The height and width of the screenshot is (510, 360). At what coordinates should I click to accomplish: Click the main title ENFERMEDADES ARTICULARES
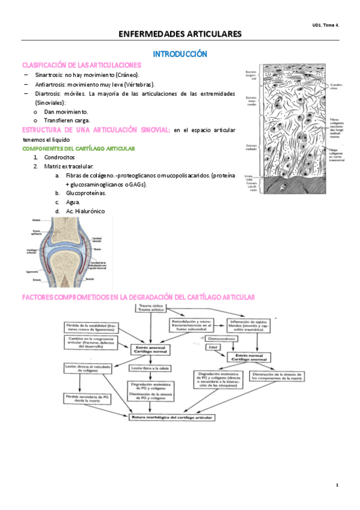pyautogui.click(x=180, y=34)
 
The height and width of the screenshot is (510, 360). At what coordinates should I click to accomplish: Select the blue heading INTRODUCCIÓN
pyautogui.click(x=180, y=54)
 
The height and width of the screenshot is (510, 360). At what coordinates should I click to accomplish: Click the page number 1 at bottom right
pyautogui.click(x=337, y=485)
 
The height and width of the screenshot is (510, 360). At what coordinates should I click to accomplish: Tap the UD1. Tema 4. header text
pyautogui.click(x=326, y=25)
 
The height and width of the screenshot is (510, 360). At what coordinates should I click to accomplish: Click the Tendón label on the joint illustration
pyautogui.click(x=89, y=278)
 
